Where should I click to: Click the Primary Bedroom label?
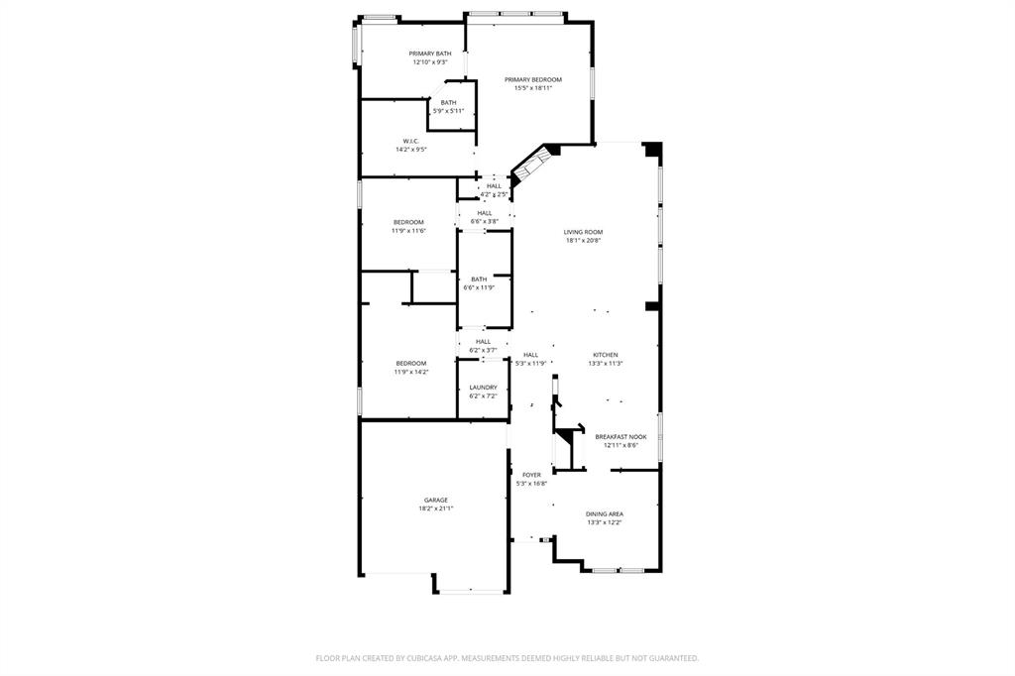point(532,79)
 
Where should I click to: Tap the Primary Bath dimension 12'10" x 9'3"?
point(430,62)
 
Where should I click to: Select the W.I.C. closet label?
point(410,141)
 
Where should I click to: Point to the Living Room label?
point(583,232)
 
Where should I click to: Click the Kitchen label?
point(605,355)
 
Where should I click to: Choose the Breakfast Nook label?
point(620,437)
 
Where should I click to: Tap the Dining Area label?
point(604,513)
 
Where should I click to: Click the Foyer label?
point(531,475)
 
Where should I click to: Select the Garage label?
point(435,500)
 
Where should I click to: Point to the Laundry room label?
point(483,388)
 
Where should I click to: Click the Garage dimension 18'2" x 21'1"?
point(435,508)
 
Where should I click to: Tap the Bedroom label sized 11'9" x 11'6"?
point(408,222)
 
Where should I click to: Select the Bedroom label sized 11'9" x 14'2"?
point(410,363)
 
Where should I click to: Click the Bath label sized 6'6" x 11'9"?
point(479,280)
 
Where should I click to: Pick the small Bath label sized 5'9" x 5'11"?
point(449,103)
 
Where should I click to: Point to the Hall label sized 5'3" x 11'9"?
point(530,355)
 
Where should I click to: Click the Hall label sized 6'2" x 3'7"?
point(483,341)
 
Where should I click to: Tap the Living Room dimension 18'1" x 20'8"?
point(583,241)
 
